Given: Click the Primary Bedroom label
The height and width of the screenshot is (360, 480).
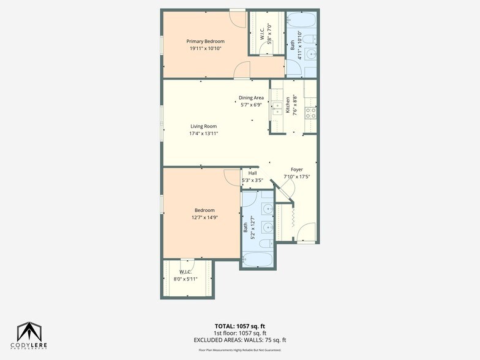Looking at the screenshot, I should tap(205, 41).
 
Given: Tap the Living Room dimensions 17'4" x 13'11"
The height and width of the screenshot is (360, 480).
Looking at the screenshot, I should tap(203, 133).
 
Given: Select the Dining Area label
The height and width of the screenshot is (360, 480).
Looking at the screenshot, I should tap(251, 98).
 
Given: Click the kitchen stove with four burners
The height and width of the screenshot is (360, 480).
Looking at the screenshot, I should tap(310, 112).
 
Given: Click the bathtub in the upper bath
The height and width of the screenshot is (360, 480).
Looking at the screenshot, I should tap(301, 20).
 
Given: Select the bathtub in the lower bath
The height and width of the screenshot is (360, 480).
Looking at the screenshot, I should tap(257, 258).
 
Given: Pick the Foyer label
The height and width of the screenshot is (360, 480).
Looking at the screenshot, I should tap(296, 170).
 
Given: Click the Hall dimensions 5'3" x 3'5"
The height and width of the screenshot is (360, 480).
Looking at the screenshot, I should tap(253, 181).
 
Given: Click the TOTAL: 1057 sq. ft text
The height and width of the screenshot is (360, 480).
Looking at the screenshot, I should tap(239, 326).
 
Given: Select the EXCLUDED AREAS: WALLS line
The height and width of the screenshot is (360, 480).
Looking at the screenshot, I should tap(239, 340).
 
